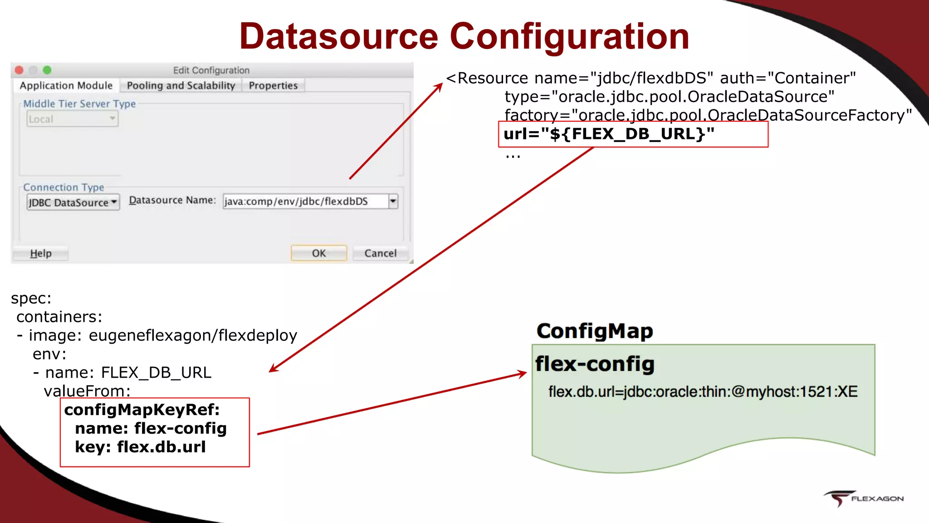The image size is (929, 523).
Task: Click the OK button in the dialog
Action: click(318, 253)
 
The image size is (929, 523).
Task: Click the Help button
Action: click(41, 253)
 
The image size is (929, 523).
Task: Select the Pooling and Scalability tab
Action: click(181, 86)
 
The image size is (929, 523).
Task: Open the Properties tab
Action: click(273, 86)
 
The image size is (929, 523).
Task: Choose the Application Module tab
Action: click(66, 86)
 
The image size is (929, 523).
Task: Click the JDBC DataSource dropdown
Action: click(73, 202)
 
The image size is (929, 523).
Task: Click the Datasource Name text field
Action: click(305, 201)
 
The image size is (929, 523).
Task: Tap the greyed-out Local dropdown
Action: click(72, 119)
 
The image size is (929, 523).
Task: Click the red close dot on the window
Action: click(19, 70)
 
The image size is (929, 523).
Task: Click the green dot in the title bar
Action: click(47, 70)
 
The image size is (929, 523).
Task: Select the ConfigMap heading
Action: click(594, 331)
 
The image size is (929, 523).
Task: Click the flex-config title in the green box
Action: click(594, 364)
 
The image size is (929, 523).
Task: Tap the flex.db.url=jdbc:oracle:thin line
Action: click(702, 392)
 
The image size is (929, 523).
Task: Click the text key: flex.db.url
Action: click(141, 447)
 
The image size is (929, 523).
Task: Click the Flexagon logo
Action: click(863, 498)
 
